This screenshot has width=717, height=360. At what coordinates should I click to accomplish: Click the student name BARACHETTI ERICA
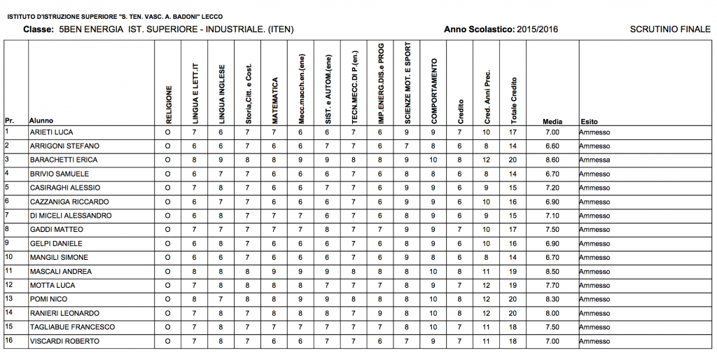click(64, 160)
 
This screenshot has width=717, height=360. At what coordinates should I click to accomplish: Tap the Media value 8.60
click(552, 160)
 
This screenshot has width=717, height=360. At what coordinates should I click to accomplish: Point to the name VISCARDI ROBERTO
click(64, 341)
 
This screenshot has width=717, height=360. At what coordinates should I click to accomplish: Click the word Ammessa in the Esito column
click(594, 160)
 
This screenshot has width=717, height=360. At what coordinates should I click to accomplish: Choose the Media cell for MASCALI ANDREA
click(552, 272)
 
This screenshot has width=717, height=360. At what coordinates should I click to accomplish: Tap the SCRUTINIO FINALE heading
click(670, 29)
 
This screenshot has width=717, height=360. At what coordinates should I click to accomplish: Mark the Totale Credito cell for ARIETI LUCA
click(513, 132)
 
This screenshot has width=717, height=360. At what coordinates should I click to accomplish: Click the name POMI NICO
click(48, 299)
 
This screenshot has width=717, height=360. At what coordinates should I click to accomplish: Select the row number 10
click(9, 257)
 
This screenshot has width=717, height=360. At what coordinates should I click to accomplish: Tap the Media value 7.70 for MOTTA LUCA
click(552, 286)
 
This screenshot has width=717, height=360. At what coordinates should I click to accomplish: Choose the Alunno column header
click(41, 121)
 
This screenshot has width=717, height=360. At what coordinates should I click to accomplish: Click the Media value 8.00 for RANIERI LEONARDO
click(552, 313)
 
